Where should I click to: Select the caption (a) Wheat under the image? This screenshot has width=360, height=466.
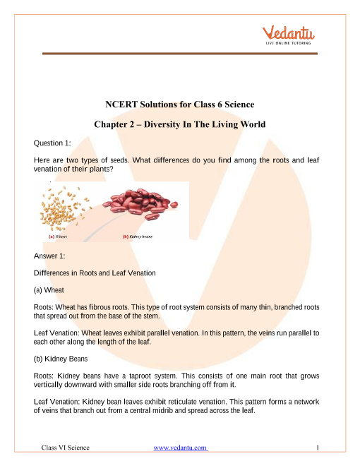click(58, 237)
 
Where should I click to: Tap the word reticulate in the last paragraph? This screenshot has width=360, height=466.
click(198, 399)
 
